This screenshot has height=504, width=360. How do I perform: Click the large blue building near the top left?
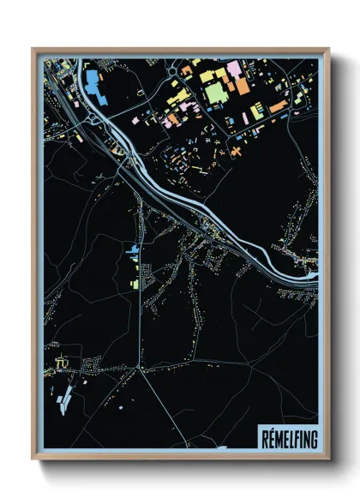click(x=93, y=83)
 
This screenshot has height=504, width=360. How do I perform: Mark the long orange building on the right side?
click(x=278, y=107)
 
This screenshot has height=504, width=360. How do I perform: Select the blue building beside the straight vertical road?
click(x=133, y=250)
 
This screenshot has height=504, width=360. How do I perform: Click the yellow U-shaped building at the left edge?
click(x=60, y=365)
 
